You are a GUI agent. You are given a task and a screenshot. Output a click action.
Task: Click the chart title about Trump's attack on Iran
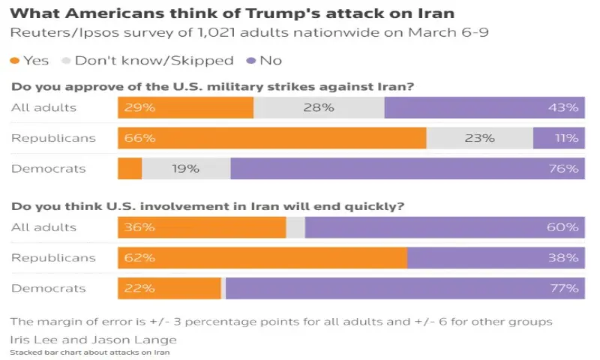(232, 13)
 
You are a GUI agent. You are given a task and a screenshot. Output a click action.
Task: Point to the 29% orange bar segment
(185, 107)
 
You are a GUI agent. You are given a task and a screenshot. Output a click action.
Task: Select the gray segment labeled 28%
(319, 107)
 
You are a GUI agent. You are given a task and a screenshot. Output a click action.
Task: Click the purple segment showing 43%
(484, 107)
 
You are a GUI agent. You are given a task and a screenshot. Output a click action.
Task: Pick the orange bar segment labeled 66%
(271, 138)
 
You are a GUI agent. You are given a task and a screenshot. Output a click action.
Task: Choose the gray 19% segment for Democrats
(186, 169)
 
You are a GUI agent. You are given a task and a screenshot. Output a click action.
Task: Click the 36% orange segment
(202, 227)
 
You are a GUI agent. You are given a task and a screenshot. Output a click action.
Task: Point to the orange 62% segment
(262, 258)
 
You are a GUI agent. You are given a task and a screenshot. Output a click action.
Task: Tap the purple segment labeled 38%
(496, 258)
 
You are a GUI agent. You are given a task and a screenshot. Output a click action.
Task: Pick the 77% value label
(563, 288)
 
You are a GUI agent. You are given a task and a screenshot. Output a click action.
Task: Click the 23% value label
(479, 138)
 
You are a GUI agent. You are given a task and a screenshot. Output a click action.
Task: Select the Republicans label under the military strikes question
(43, 138)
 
